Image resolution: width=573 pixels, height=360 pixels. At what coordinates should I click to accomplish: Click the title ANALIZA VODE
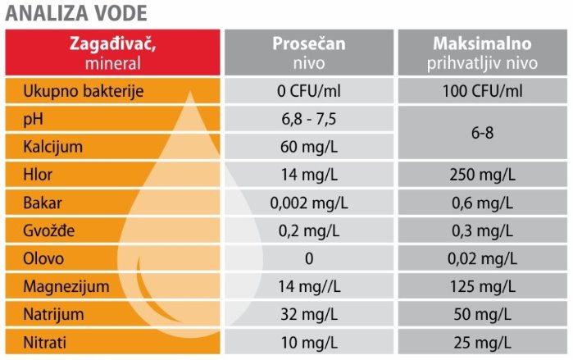pos(76,13)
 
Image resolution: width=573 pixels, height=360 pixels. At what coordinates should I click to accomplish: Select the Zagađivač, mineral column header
pos(112,52)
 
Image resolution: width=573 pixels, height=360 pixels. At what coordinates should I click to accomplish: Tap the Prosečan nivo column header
pos(309,52)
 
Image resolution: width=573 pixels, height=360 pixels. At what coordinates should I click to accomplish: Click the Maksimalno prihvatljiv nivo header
pos(482,52)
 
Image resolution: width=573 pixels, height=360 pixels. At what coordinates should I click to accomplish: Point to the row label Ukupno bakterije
pos(84,91)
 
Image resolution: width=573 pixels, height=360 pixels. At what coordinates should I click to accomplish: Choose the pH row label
pos(33,119)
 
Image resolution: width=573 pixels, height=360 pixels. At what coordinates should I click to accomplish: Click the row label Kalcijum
pos(53,147)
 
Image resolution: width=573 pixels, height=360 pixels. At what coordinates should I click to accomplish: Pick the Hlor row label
pos(38,175)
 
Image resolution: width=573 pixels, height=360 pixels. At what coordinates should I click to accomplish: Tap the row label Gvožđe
pos(49,230)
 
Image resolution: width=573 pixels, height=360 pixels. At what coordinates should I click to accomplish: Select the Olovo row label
pos(43,259)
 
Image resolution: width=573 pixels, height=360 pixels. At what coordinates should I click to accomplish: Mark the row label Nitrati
pos(44,343)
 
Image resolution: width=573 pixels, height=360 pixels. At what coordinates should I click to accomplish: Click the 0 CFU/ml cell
pos(309,91)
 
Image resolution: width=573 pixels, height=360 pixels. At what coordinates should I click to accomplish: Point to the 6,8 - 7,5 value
pos(309,119)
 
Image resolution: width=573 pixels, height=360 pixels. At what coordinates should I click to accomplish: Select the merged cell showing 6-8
pos(482,133)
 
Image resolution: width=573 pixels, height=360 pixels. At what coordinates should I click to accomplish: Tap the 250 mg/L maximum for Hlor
pos(482,175)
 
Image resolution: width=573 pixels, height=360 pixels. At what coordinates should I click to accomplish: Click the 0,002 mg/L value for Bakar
pos(309,203)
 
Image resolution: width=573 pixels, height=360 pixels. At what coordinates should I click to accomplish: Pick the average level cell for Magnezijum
pos(309,286)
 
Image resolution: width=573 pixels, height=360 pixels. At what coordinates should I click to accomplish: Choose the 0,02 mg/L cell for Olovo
pos(482,259)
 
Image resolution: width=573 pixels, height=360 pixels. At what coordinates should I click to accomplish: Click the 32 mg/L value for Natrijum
pos(309,314)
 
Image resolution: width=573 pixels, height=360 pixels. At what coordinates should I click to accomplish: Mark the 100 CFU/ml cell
pos(482,91)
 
